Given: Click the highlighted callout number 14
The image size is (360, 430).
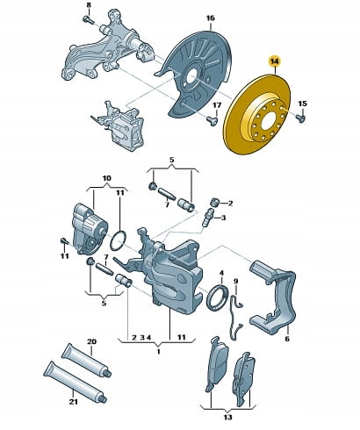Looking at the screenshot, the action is (275, 61).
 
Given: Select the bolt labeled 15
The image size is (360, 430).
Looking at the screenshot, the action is (300, 118).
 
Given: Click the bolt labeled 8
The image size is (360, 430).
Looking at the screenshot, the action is (88, 20).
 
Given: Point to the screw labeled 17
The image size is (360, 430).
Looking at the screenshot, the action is (212, 120).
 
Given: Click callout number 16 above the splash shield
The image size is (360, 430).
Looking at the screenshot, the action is (210, 18).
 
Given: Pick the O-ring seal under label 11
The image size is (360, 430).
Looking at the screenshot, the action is (119, 240).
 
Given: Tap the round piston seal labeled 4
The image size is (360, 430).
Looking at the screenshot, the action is (217, 296).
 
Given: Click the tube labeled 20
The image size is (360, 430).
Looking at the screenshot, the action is (86, 360).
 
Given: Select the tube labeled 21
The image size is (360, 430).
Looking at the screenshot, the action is (76, 381).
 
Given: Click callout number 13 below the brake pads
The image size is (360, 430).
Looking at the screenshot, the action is (227, 417).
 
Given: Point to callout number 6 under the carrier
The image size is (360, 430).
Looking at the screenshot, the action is (287, 339).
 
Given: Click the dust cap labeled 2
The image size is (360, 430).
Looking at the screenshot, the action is (215, 202).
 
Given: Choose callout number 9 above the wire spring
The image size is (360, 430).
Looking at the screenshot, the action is (236, 281).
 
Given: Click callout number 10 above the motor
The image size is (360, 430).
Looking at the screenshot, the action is (106, 178).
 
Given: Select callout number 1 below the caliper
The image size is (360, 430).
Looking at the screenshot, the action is (158, 351).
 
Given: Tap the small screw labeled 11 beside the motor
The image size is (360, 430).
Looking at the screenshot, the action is (64, 241).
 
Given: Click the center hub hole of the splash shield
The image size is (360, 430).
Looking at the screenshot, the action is (191, 77).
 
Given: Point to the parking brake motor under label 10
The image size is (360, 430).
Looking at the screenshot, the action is (90, 228).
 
